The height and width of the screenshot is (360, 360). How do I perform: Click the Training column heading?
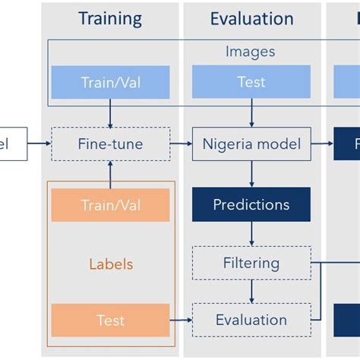coord(110,18)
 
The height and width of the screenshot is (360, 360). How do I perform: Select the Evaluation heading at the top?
coord(251,18)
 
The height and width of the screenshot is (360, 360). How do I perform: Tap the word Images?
coord(251,52)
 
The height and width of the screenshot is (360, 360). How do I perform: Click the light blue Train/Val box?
coord(110,82)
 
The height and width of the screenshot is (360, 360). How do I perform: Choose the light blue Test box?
coord(251,82)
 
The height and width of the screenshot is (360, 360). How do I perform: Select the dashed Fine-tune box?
coord(110,144)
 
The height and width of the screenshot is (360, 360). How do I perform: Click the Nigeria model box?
coord(251,144)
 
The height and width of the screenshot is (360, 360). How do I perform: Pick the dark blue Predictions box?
coord(251,204)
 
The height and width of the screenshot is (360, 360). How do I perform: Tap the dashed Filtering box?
coord(251,264)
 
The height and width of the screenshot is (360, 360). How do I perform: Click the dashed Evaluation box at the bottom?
coord(251,320)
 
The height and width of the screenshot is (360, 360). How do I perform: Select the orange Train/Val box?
coord(110,205)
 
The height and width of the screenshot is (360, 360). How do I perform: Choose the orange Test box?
coord(110,321)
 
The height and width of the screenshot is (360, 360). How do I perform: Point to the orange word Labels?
coord(110,264)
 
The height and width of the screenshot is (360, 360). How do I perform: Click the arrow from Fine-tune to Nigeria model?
coord(181,144)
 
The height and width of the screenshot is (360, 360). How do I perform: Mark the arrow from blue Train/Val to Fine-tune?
coord(110,113)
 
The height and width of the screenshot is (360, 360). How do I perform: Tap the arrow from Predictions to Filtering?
coord(251,234)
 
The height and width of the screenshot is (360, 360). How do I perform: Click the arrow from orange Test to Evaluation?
coord(181,321)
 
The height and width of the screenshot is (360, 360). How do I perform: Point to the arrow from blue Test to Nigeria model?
coord(251,113)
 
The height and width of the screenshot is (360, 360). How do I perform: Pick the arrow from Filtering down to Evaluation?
coord(251,292)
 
